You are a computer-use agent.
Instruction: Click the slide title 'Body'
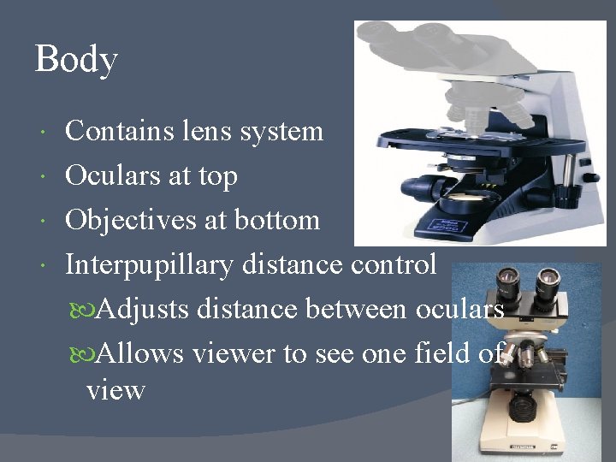pos(76,61)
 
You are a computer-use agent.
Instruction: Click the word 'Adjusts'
pos(144,309)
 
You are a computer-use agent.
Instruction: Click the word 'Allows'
pos(140,352)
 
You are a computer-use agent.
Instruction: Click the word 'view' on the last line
pos(115,391)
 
